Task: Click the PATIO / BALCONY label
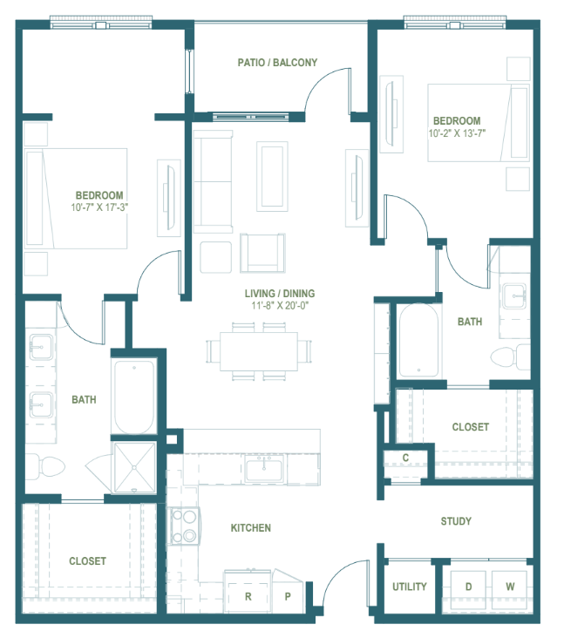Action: (x=277, y=62)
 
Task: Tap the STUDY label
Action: (x=456, y=521)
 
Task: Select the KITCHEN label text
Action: (x=251, y=527)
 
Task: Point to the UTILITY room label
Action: (x=410, y=587)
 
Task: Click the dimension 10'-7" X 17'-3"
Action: (x=99, y=207)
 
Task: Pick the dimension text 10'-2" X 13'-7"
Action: (x=457, y=133)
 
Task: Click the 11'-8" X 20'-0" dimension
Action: (x=280, y=305)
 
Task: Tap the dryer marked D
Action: (x=468, y=587)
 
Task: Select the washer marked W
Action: (x=509, y=587)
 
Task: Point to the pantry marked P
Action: (x=288, y=594)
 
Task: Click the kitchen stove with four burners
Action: (x=184, y=526)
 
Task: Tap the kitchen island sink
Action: (x=263, y=468)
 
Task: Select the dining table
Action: (x=258, y=351)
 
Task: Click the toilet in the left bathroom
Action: (x=46, y=466)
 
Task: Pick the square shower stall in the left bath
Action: (x=134, y=467)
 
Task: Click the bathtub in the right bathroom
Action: (x=418, y=341)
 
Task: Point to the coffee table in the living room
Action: (x=272, y=176)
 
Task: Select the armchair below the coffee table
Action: (x=262, y=253)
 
